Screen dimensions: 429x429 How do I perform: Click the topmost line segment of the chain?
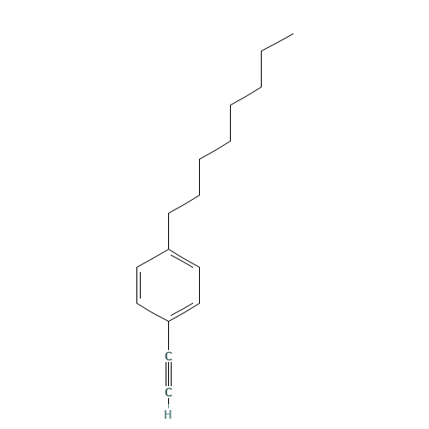(277, 43)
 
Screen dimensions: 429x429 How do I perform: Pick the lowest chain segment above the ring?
(184, 203)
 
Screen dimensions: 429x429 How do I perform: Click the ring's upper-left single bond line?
(154, 258)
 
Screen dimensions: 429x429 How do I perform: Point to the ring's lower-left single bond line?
(154, 311)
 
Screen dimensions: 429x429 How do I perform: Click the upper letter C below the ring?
(169, 355)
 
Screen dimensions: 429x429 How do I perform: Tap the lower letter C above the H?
(169, 392)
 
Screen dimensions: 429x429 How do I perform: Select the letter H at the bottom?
(169, 414)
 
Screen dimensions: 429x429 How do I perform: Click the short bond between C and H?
(169, 403)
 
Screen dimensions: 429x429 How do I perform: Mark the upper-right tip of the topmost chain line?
(293, 34)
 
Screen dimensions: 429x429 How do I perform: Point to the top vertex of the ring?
(170, 250)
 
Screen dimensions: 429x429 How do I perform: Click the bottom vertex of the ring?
(170, 321)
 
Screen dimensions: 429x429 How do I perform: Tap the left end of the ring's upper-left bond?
(138, 267)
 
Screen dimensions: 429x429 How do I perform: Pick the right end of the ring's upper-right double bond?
(200, 268)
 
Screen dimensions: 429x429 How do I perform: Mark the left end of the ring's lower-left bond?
(138, 303)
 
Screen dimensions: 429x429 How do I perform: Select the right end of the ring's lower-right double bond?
(200, 302)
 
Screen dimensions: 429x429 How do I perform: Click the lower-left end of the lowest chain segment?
(169, 212)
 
